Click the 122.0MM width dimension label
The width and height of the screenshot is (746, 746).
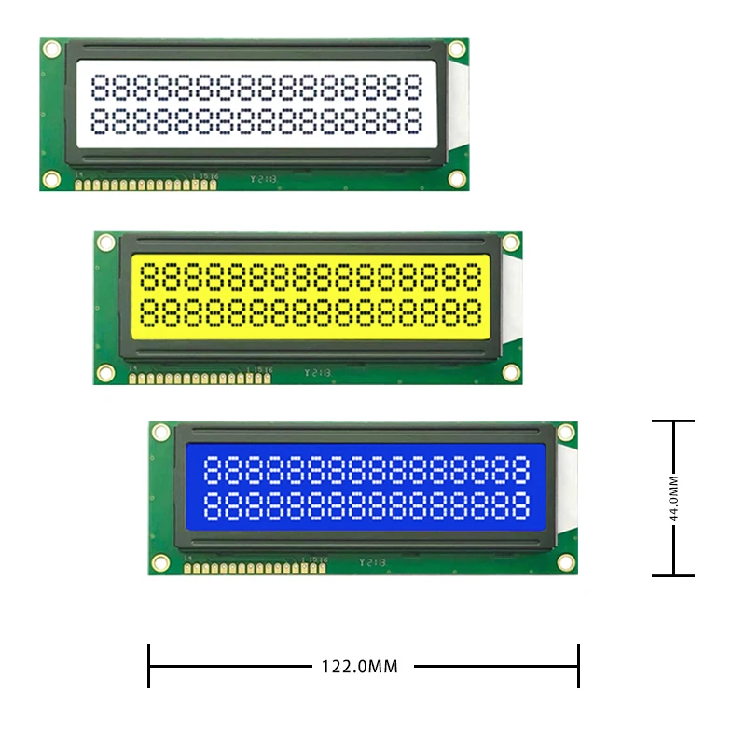coord(359,667)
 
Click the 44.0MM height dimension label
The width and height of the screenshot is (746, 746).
coord(674,498)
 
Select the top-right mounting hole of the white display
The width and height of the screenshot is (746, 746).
coord(456,48)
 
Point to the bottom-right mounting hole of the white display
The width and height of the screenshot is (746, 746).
coord(456,178)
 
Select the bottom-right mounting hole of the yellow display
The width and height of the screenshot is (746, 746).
coord(510,372)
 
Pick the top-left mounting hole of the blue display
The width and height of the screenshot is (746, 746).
coord(160,433)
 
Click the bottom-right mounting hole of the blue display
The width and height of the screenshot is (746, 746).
coord(565,562)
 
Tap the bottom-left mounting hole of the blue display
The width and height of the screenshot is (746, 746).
coord(160,562)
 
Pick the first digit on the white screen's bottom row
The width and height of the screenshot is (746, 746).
coord(103,119)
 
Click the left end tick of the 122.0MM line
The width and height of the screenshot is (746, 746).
coord(149,667)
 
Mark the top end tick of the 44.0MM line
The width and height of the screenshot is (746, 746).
coord(673,421)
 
